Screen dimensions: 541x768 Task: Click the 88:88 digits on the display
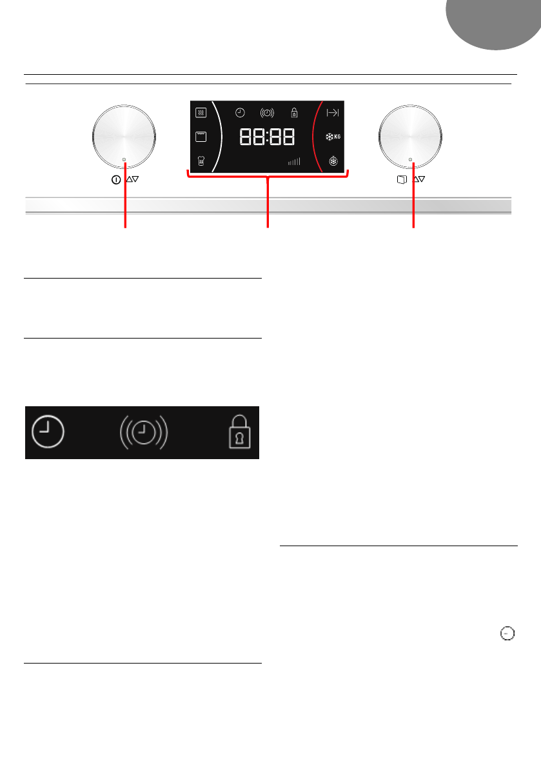pos(267,137)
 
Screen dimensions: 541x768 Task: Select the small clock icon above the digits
pos(240,113)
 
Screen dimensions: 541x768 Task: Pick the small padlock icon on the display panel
pos(294,113)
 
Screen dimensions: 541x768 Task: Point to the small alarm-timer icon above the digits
pos(267,113)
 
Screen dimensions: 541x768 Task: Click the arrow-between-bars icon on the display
pos(332,113)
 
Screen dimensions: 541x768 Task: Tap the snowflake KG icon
pos(332,137)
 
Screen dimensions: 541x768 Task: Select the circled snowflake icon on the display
pos(332,161)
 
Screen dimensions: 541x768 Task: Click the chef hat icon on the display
pos(201,161)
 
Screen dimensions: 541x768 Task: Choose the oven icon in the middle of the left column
pos(201,137)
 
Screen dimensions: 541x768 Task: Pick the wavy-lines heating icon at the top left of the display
pos(201,113)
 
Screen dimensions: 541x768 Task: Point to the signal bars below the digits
pos(294,162)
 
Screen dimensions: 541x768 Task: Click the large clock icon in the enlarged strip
pos(48,432)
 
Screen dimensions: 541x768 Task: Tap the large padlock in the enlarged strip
pos(241,433)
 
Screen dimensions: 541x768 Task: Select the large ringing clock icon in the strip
pos(143,432)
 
